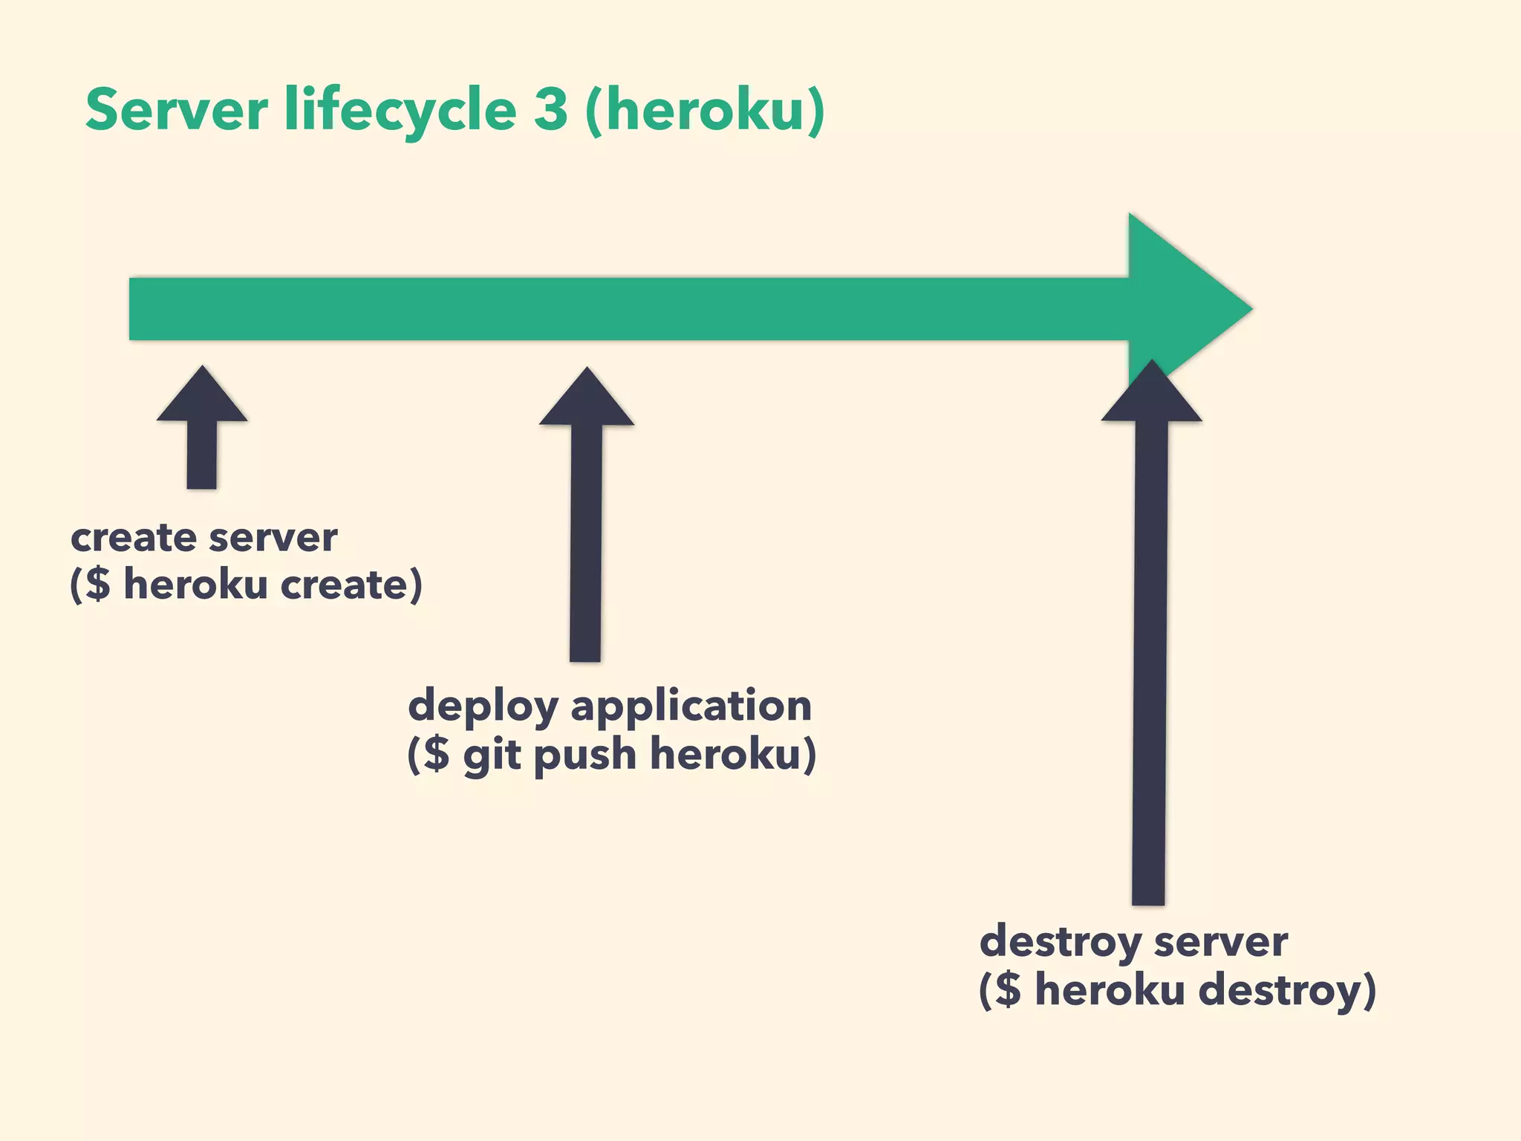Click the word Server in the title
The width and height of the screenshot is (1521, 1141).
coord(176,109)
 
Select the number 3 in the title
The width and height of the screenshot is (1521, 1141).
coord(550,109)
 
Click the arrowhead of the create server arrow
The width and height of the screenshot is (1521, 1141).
coord(202,397)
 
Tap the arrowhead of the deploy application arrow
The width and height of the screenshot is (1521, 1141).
coord(587,400)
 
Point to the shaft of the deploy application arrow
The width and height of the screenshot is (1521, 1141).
coord(586,542)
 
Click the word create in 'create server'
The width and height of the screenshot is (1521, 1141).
coord(134,538)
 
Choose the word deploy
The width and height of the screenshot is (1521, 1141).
coord(483,706)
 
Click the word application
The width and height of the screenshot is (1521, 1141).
coord(691,706)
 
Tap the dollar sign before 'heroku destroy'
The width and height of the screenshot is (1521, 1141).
coord(1008,989)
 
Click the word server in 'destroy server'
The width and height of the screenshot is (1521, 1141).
coord(1221,943)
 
